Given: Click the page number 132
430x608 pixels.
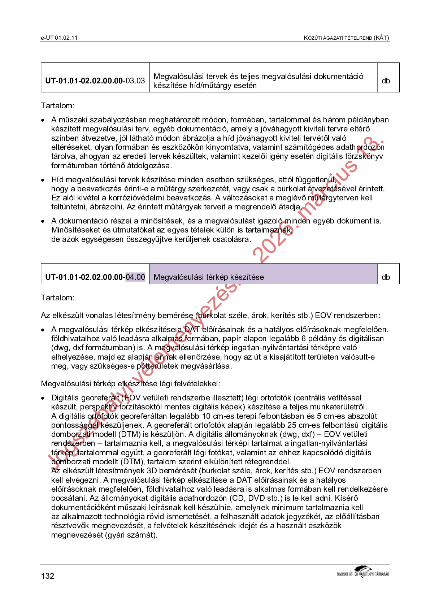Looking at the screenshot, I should [48, 576].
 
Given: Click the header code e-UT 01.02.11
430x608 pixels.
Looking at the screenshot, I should [59, 38].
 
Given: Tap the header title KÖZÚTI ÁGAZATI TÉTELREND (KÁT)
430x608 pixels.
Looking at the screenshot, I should [346, 38].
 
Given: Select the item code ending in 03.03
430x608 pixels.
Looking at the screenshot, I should [95, 81].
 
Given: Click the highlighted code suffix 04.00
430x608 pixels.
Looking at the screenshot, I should [135, 277].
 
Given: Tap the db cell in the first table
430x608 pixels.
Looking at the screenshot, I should [386, 81].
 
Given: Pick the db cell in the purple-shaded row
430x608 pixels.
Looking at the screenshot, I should [386, 277].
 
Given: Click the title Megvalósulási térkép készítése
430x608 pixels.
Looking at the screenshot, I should [209, 277].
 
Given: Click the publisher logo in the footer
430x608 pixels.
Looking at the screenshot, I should [362, 572].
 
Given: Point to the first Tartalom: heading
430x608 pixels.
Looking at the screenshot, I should [57, 106].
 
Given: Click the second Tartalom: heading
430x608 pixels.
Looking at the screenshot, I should [57, 298].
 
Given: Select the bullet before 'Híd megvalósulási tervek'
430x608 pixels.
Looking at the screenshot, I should [43, 180].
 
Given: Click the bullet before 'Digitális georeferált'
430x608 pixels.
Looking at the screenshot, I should [43, 398].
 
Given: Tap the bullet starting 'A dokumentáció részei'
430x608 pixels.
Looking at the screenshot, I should [43, 221].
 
